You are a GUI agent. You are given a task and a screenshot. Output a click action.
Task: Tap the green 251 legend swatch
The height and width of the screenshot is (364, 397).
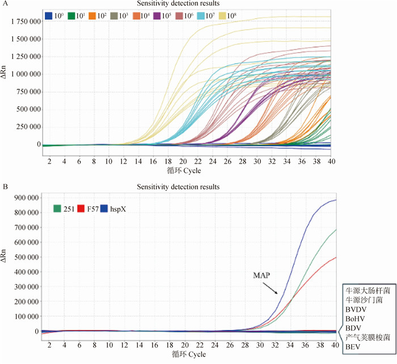coord(57,208)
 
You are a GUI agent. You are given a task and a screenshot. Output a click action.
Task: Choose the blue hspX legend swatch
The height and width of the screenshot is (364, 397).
coord(103,208)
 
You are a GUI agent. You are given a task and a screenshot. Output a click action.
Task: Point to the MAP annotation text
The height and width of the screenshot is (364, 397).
coord(262,275)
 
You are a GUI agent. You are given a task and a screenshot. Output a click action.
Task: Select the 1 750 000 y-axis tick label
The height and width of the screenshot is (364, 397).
coord(24,22)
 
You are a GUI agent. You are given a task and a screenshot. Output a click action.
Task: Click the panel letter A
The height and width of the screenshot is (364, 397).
coord(4,4)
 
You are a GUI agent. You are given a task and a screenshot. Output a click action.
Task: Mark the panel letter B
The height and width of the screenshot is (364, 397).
coord(4,185)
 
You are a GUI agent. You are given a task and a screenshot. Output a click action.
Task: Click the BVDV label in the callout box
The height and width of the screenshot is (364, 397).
coord(353,310)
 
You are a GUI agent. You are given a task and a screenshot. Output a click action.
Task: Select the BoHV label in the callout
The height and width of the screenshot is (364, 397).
coord(353,320)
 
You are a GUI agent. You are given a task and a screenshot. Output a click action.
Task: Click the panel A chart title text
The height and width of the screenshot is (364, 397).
coord(187,4)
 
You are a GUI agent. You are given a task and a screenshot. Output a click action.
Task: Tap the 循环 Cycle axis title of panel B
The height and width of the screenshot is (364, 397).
coord(187,355)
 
